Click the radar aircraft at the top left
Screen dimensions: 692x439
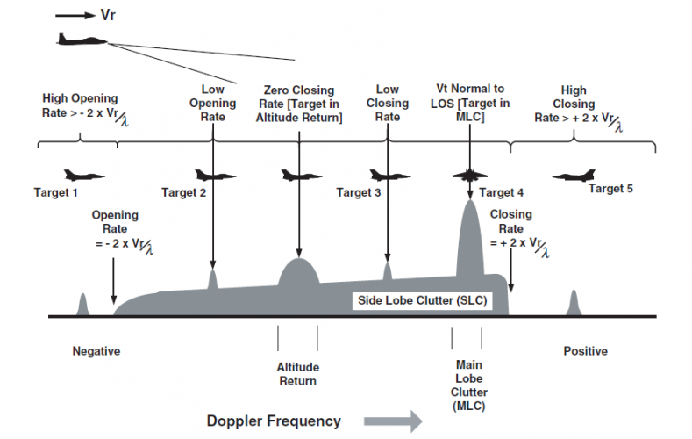[x=82, y=40]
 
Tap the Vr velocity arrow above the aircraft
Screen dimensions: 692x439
[x=75, y=16]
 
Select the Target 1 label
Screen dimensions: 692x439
[x=55, y=193]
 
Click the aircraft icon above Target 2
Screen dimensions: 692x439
[x=215, y=176]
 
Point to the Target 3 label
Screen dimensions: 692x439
[x=359, y=193]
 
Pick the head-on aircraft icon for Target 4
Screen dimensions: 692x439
[x=470, y=176]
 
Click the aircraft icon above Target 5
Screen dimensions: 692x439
[x=574, y=176]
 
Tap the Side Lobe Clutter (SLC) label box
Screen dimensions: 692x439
[x=423, y=301]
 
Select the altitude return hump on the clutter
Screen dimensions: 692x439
[x=299, y=271]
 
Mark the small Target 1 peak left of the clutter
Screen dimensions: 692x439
[x=82, y=305]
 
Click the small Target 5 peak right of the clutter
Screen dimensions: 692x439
[x=574, y=303]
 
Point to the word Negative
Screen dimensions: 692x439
[x=96, y=351]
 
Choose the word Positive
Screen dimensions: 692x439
[x=586, y=351]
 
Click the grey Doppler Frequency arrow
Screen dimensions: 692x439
[x=393, y=421]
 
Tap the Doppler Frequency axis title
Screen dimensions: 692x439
[x=274, y=421]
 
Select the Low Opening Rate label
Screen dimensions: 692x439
[x=213, y=103]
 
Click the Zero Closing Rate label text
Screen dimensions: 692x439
[x=299, y=104]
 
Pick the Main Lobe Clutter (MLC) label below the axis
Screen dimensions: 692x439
[x=468, y=385]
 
